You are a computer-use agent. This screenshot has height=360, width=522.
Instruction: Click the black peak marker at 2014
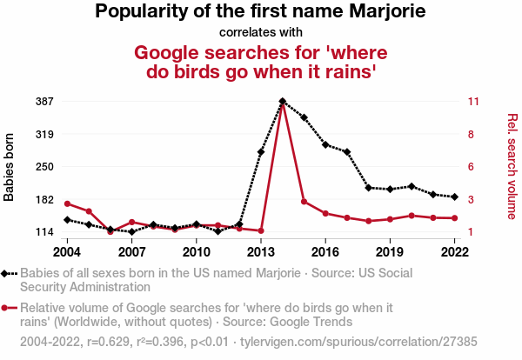tap(283, 101)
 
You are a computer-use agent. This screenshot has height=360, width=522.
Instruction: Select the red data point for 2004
tap(67, 203)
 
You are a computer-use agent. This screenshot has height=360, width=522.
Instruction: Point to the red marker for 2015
tap(304, 201)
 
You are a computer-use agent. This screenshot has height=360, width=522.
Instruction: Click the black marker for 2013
tap(261, 152)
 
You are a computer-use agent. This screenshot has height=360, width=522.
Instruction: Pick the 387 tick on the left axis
tap(45, 102)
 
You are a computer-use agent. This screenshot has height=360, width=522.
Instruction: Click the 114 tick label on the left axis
tap(45, 232)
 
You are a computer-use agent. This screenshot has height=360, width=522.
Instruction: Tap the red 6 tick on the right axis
tap(471, 167)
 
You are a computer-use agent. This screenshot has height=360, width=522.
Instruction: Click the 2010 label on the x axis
tap(197, 251)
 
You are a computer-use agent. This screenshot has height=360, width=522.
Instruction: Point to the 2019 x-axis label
tap(390, 251)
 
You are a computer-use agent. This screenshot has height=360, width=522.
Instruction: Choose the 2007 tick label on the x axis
tap(132, 251)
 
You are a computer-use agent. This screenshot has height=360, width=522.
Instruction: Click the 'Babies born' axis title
tap(10, 167)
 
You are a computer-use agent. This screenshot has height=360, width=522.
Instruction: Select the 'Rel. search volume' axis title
tap(512, 165)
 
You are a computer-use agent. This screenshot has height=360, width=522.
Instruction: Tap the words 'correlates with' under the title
tap(260, 32)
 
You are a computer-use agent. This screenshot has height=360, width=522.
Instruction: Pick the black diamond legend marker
tap(10, 273)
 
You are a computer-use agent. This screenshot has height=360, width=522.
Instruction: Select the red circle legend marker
tap(10, 308)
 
